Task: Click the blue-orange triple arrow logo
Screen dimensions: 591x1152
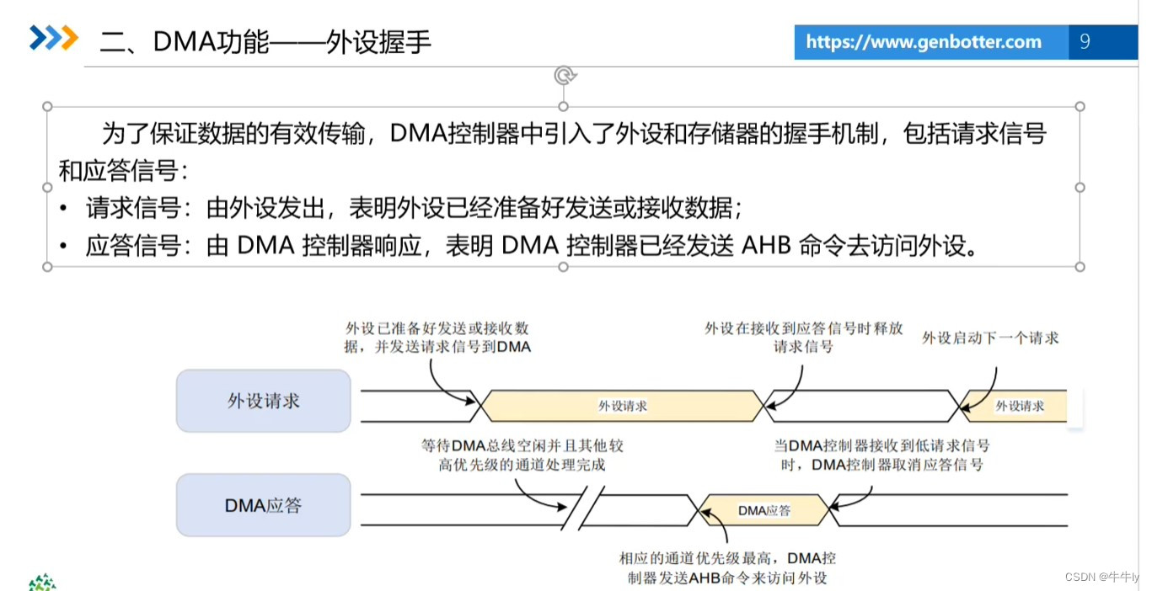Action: pos(54,38)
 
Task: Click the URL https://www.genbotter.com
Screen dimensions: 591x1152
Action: pos(924,42)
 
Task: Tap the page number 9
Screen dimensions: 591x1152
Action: pos(1085,41)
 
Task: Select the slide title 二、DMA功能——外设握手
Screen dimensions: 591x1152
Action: pos(265,41)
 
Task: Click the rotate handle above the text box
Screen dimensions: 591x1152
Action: pos(564,76)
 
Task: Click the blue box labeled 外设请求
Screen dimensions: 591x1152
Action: pos(263,401)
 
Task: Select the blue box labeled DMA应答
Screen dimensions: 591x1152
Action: pos(263,505)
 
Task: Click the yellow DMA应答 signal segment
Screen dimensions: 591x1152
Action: pos(764,510)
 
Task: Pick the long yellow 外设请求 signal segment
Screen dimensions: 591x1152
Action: pos(622,405)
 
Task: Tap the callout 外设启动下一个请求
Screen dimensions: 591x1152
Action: pos(990,338)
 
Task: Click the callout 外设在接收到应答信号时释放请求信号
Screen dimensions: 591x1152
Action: pos(803,338)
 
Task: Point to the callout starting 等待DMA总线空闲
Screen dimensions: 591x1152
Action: pos(522,455)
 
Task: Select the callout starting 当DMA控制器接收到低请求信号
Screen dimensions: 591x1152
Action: pos(881,455)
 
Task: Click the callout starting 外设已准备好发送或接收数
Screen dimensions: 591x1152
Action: pos(437,338)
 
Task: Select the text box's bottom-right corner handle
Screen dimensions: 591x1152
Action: pos(1080,267)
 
